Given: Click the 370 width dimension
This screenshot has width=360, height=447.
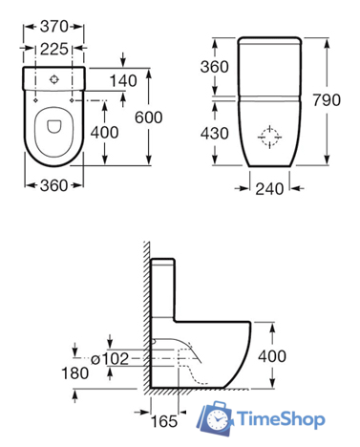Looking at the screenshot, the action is click(53, 27).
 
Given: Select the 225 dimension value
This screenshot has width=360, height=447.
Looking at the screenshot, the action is click(53, 49).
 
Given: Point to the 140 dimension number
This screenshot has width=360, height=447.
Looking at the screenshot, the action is click(123, 81).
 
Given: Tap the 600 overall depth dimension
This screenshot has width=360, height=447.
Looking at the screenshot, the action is click(148, 117).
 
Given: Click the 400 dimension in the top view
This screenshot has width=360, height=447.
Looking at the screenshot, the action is click(104, 132).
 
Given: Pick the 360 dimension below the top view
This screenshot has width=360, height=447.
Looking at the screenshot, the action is click(53, 185).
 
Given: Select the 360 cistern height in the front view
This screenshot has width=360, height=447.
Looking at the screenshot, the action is click(214, 67).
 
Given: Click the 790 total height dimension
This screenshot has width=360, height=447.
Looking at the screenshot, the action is click(327, 100).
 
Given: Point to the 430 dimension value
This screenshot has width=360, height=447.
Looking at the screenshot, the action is click(214, 134).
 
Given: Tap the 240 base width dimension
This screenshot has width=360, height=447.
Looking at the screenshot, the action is click(269, 189).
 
